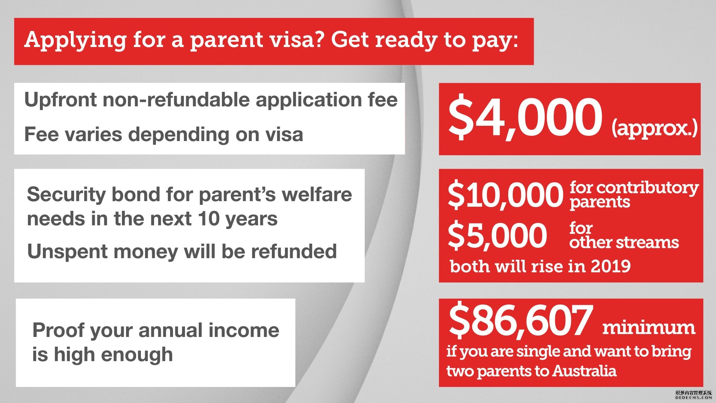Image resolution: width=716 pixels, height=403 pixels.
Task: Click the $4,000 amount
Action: click(525, 118)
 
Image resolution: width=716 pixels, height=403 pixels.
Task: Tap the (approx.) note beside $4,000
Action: click(654, 128)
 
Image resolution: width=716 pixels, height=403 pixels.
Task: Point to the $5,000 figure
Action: click(497, 235)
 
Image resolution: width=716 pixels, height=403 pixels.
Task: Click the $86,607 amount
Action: click(521, 320)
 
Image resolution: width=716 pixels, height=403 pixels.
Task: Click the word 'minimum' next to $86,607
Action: click(649, 328)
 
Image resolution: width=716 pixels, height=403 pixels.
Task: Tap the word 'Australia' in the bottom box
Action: click(585, 371)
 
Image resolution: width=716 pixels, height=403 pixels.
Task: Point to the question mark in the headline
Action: click(321, 39)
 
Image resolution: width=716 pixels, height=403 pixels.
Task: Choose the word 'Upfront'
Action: click(60, 100)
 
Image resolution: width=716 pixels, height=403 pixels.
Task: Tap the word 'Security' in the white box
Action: click(66, 195)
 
